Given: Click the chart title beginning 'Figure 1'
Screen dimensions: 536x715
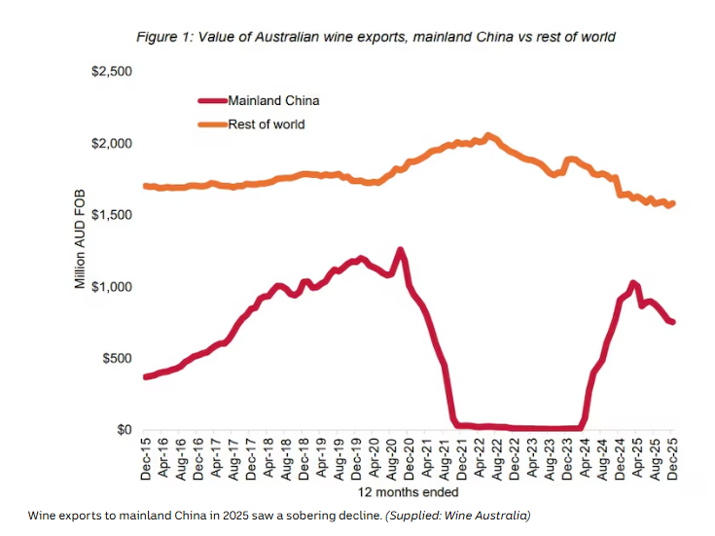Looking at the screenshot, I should click(375, 37).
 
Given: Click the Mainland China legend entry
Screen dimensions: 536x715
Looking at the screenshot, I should click(272, 100).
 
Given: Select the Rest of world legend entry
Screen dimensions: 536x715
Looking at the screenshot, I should click(266, 124).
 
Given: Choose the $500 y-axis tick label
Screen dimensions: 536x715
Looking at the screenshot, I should click(116, 358).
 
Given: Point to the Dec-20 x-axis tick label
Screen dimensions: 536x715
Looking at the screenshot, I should click(410, 463).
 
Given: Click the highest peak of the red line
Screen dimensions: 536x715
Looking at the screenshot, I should click(400, 249).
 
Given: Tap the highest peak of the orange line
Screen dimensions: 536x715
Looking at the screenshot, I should click(488, 135).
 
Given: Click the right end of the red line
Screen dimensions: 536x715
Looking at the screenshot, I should click(673, 322).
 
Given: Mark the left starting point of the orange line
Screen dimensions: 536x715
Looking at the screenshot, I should click(145, 186).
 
